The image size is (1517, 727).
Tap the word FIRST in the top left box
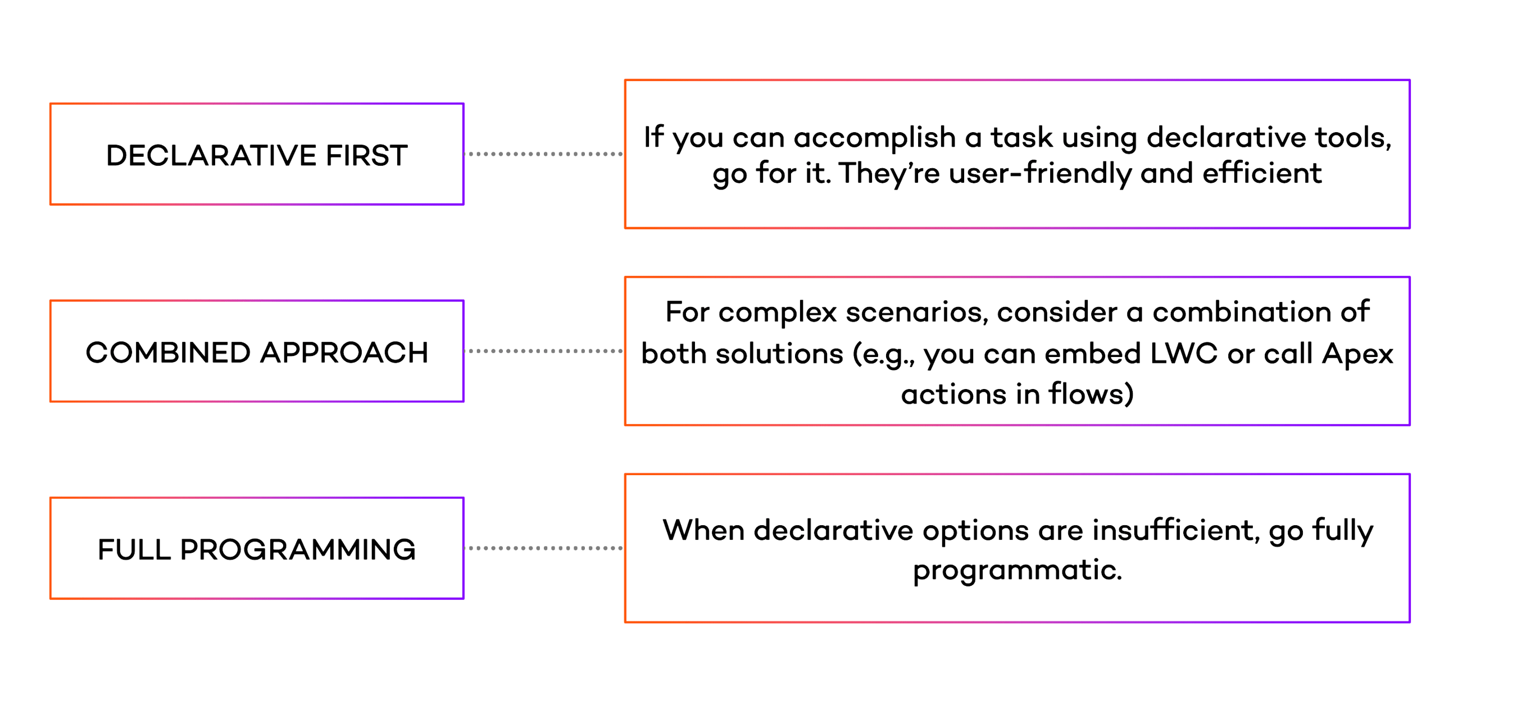(x=366, y=156)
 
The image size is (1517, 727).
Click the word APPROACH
(x=344, y=353)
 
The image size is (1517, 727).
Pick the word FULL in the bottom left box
(x=134, y=550)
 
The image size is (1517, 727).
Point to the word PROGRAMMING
(x=298, y=550)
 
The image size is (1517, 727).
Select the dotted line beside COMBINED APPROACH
(x=544, y=351)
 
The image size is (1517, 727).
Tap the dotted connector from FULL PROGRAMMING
(x=544, y=548)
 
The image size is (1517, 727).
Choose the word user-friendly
(x=1040, y=174)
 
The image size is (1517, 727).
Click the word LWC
(x=1184, y=354)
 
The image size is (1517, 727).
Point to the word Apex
(x=1357, y=354)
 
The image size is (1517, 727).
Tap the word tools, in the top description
(x=1354, y=138)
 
